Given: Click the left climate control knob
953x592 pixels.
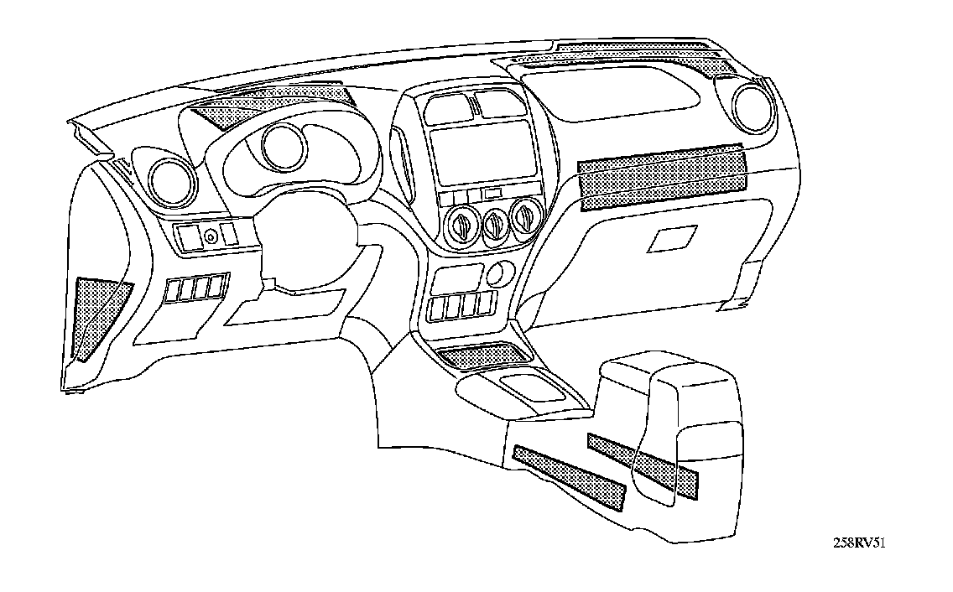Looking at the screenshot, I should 463,224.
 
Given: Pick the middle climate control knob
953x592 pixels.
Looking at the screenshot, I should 495,224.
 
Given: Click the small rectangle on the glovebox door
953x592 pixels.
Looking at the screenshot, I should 671,240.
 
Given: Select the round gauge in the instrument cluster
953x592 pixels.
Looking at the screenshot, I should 281,145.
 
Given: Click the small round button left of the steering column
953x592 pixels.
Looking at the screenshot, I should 211,237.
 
